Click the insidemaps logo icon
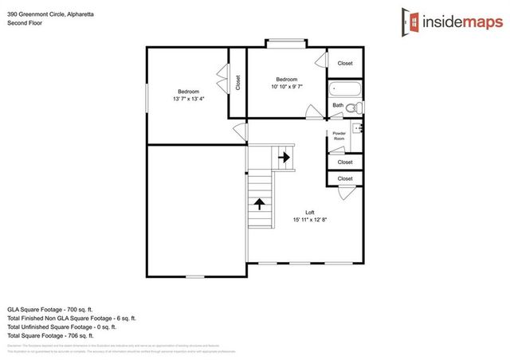pos(411,21)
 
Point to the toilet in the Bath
pos(358,107)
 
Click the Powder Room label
pos(339,135)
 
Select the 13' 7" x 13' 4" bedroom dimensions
pos(188,100)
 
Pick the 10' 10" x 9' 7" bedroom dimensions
pos(286,88)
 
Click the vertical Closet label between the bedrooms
pos(237,83)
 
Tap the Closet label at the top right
pos(345,63)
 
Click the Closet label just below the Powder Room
pos(345,162)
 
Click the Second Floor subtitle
pos(25,23)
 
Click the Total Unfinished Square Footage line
pos(61,327)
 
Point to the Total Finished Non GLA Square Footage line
pos(71,318)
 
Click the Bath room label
pos(338,105)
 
